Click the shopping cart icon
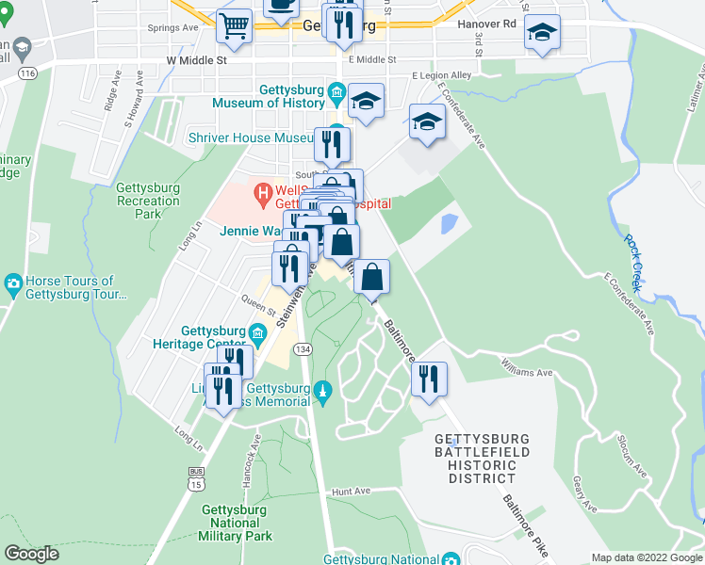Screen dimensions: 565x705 [234, 26]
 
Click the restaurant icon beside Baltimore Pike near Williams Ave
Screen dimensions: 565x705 [429, 379]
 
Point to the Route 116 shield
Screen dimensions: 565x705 [27, 73]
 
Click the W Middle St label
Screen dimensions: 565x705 [197, 60]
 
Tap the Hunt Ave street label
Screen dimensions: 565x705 [352, 492]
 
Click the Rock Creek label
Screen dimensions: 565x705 [638, 253]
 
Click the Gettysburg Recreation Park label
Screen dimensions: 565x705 [149, 201]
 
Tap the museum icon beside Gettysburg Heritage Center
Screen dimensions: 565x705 [257, 331]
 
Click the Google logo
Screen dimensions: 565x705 [31, 554]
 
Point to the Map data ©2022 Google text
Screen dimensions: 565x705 [646, 557]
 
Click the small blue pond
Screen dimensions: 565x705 [449, 224]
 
